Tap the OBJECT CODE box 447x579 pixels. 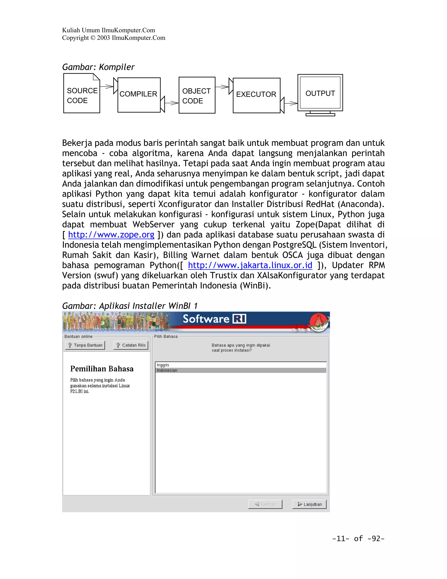tap(197, 95)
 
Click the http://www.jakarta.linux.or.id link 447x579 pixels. tap(250, 265)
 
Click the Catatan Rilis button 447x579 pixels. tap(131, 345)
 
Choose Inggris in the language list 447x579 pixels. tap(163, 365)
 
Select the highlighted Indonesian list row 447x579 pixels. tap(241, 370)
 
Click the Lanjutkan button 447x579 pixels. tap(309, 504)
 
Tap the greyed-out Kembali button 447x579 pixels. tap(265, 504)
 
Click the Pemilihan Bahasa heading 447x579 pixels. tap(102, 369)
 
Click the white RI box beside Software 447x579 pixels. tap(239, 319)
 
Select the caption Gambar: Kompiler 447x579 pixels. tap(98, 67)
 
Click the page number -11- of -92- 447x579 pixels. tap(358, 538)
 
